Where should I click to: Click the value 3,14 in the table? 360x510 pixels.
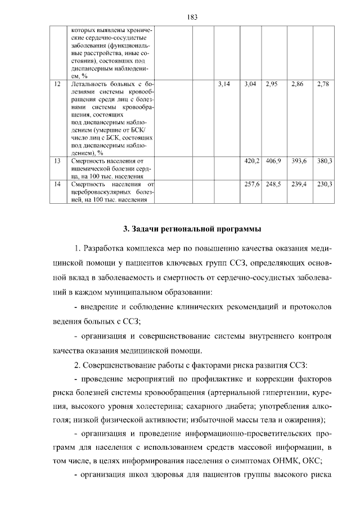(x=224, y=84)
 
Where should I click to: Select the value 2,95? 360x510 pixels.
(x=273, y=84)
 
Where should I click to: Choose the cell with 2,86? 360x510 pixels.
(x=298, y=84)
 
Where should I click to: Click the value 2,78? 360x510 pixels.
(x=323, y=84)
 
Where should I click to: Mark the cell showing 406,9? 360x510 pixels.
(x=273, y=161)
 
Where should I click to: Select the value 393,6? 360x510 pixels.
(x=298, y=161)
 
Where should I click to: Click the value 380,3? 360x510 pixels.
(x=324, y=161)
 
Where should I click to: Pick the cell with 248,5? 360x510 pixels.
(x=273, y=184)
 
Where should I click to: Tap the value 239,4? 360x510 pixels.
(x=298, y=184)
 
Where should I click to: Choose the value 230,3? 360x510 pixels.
(x=324, y=184)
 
